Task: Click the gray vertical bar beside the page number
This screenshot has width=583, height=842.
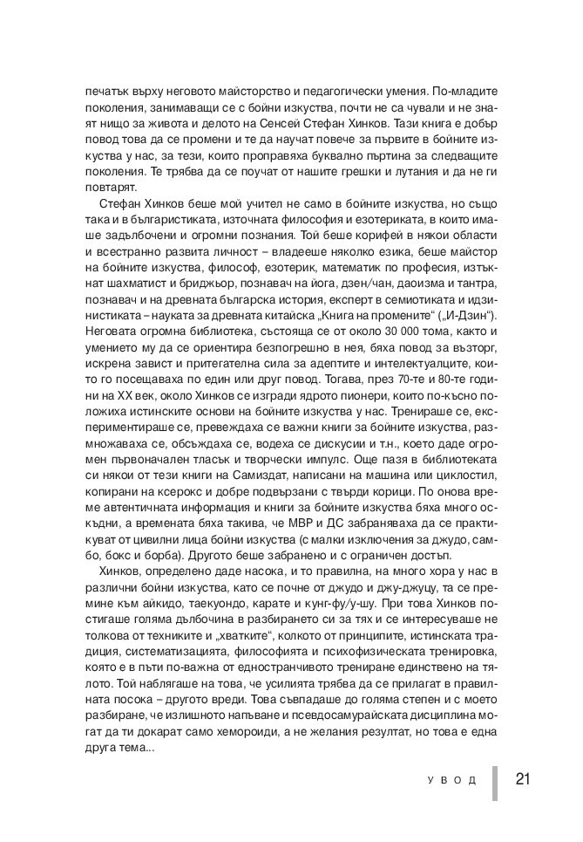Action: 495,783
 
